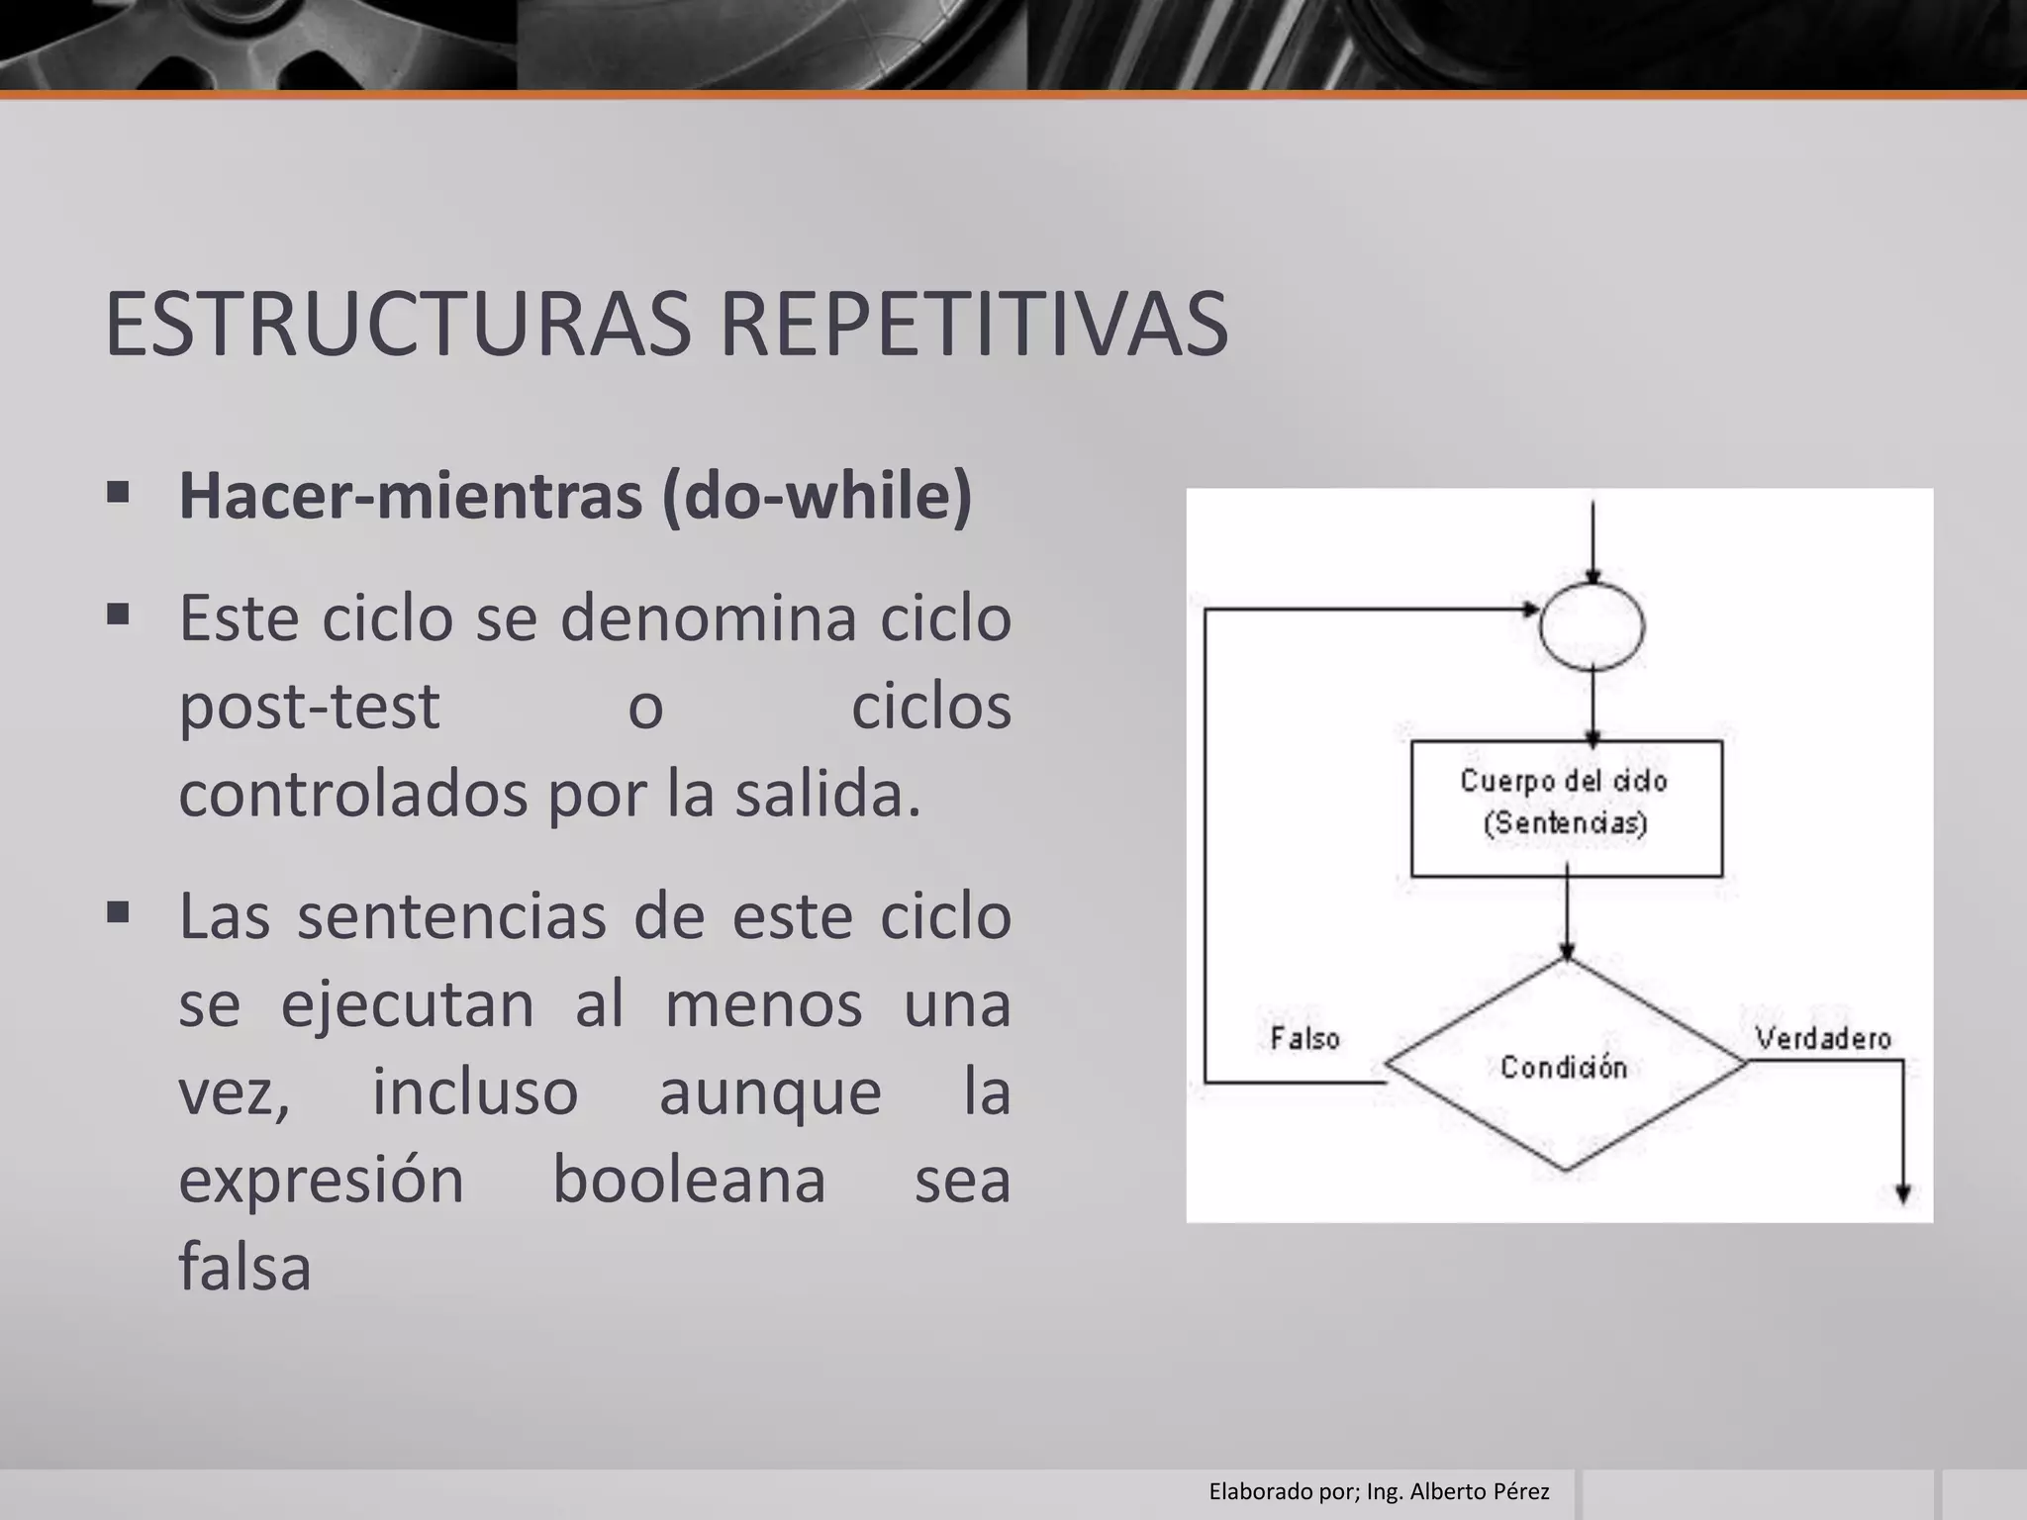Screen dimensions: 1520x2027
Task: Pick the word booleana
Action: pos(688,1180)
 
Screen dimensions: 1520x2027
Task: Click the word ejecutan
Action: pos(407,1004)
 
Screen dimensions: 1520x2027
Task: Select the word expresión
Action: pos(321,1180)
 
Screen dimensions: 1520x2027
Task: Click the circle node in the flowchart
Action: pos(1592,626)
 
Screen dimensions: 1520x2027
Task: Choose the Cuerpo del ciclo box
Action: pos(1566,807)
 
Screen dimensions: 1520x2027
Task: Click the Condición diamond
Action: pos(1565,1066)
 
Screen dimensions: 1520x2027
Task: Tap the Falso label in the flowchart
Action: pos(1304,1038)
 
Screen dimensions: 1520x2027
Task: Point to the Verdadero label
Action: pos(1823,1038)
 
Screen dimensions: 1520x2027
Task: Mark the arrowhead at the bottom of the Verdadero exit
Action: pos(1902,1194)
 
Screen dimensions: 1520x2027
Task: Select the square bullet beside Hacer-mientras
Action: pos(119,492)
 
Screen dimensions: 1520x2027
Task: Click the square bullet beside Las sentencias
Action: pos(119,911)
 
